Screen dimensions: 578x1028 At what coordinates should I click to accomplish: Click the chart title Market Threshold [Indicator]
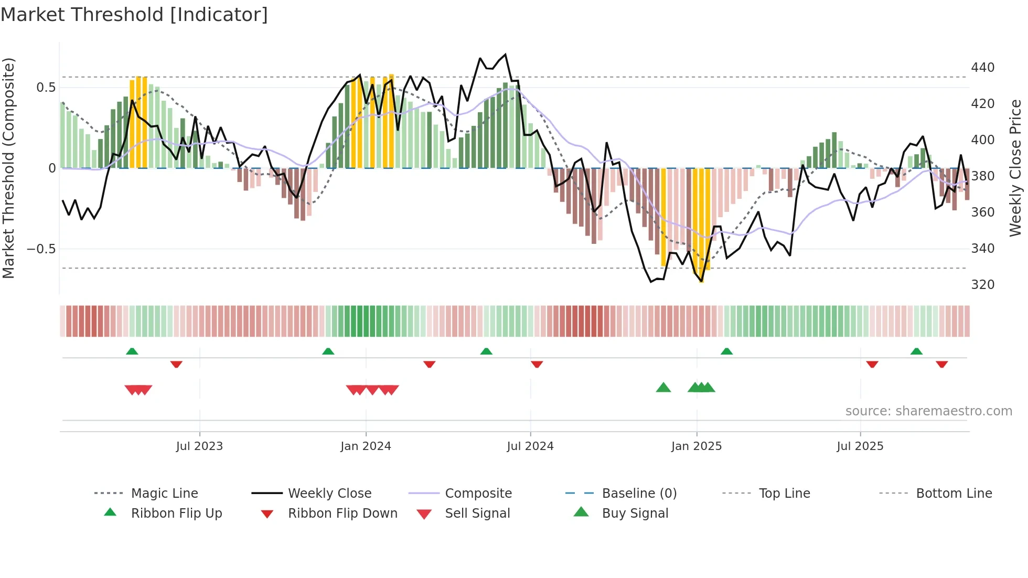pos(134,15)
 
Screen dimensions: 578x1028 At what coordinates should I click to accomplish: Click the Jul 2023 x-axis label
pos(199,446)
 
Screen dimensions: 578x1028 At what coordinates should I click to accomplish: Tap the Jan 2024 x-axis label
pos(366,446)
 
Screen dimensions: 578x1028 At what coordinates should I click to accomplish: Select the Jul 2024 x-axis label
pos(530,446)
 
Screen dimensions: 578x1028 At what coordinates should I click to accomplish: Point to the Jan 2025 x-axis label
pos(697,446)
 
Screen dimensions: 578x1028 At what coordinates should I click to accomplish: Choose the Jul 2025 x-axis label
pos(860,446)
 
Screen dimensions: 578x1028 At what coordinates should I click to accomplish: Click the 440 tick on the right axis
pos(983,68)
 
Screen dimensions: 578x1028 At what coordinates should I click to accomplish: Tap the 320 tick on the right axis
pos(983,285)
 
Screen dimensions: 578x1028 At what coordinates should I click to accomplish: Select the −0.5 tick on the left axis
pos(41,249)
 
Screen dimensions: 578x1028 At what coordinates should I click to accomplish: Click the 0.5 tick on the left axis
pos(46,88)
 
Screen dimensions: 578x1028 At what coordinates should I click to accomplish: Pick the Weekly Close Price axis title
pos(1016,168)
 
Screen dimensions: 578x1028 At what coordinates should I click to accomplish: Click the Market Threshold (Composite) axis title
pos(9,168)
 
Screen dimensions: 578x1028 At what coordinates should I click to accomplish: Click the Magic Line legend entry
pos(164,494)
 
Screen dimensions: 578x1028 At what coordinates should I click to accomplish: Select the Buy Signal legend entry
pos(635,513)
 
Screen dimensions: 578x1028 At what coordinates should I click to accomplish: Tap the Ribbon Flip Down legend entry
pos(342,513)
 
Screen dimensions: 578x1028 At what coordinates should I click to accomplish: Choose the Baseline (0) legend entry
pos(639,494)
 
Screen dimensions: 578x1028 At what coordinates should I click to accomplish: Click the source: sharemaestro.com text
pos(928,411)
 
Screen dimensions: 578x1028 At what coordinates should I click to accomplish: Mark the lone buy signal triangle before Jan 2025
pos(663,388)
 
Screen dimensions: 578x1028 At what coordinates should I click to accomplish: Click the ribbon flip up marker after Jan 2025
pos(726,351)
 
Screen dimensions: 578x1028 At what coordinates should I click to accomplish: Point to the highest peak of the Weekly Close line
pos(505,55)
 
